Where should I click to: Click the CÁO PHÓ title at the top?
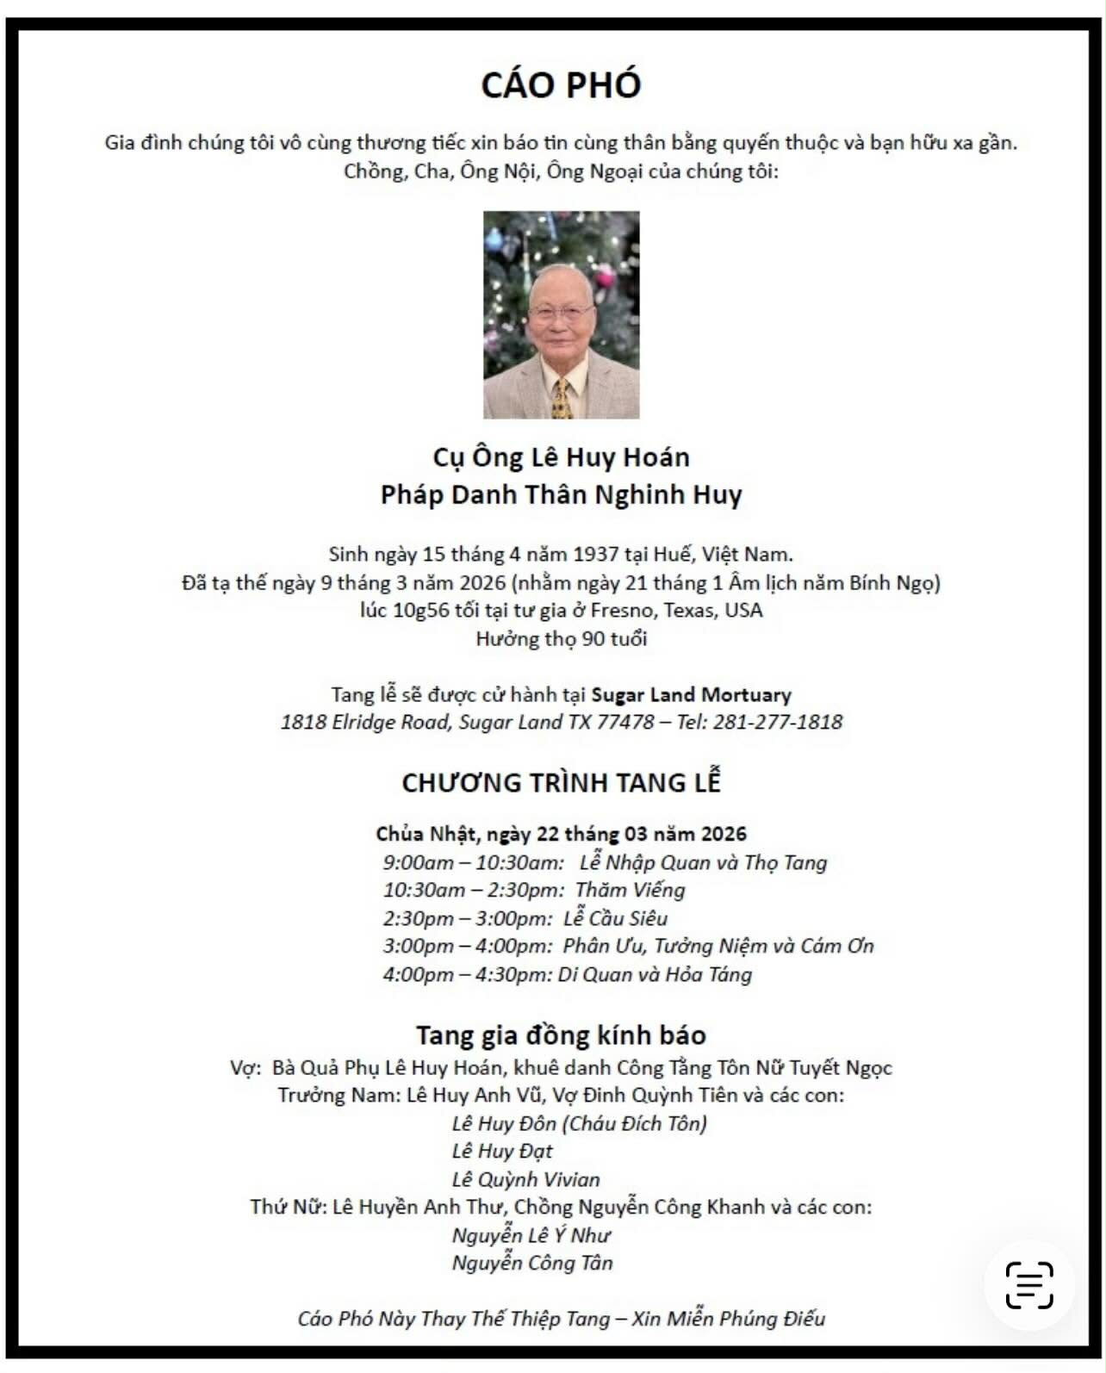point(561,85)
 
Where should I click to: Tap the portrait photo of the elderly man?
point(561,314)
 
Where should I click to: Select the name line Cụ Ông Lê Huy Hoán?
point(561,457)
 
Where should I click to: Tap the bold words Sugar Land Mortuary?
point(691,695)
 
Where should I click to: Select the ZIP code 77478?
point(624,723)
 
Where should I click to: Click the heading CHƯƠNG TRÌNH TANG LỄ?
point(561,783)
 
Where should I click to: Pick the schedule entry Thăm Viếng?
point(630,891)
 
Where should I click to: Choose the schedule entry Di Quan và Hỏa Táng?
point(655,975)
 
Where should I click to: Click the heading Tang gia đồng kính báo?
point(561,1034)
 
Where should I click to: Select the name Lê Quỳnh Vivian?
point(525,1180)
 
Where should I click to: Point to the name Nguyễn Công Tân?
point(532,1264)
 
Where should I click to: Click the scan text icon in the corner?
point(1029,1285)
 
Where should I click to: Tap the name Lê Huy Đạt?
point(502,1152)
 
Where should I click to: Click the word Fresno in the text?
point(619,611)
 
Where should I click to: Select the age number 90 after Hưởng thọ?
point(593,639)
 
